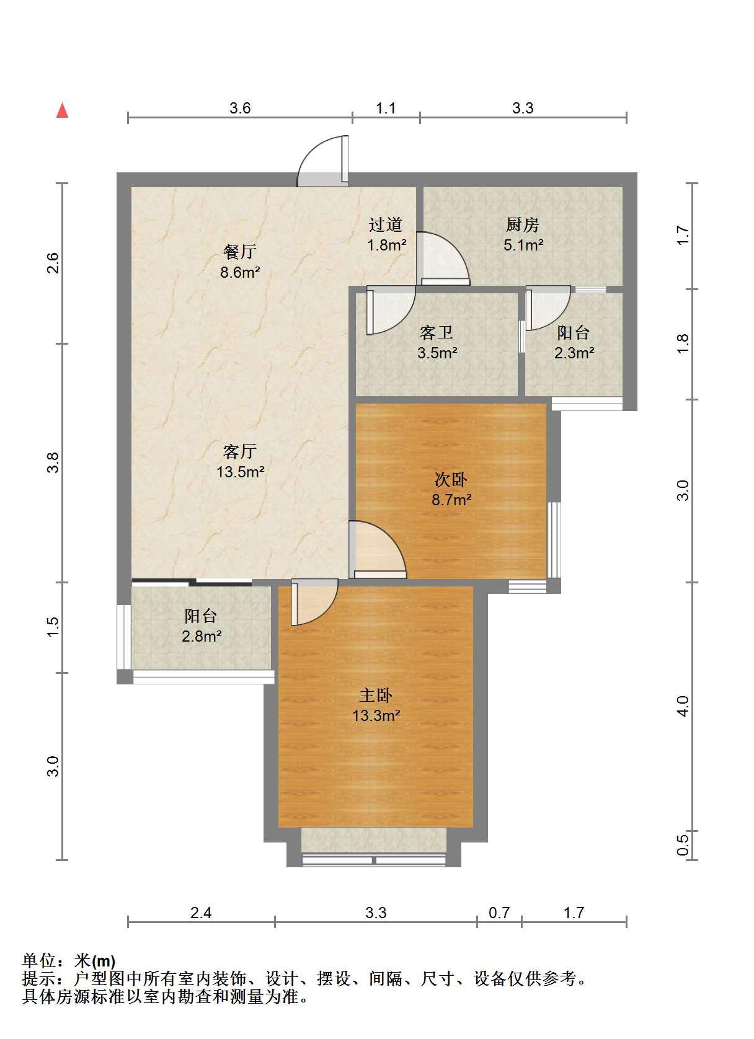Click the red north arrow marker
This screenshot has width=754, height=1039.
(62, 111)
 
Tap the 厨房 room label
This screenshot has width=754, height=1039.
(523, 225)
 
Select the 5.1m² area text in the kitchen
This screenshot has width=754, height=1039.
(523, 245)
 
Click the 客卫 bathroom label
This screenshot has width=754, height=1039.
(436, 332)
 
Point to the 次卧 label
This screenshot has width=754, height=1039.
(451, 480)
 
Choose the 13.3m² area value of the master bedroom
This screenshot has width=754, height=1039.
(376, 715)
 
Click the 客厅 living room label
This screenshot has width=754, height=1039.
(240, 451)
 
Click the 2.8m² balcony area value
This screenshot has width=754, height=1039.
(202, 636)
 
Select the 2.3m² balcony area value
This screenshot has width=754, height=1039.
(574, 353)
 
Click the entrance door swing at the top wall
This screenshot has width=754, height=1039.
(322, 160)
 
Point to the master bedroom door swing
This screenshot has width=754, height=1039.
(314, 601)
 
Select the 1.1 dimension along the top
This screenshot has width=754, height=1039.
(386, 108)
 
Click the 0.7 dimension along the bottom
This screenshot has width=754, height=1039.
(499, 913)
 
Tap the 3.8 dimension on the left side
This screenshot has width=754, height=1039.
(53, 462)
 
